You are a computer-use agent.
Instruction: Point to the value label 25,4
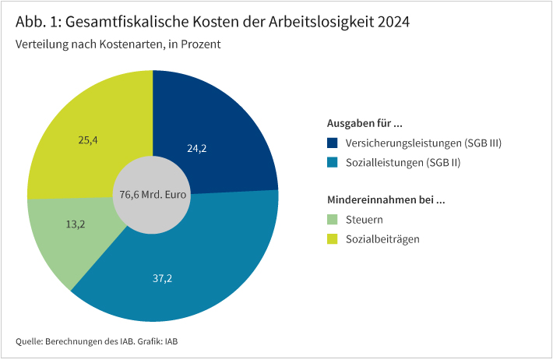(x=88, y=140)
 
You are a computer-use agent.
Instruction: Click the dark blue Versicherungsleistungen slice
(x=226, y=125)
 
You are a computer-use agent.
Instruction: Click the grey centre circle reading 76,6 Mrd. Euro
(x=153, y=195)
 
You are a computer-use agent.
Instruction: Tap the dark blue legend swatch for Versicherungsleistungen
(x=333, y=143)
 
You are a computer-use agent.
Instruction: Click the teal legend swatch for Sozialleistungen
(x=333, y=162)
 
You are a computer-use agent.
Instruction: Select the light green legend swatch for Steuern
(x=333, y=220)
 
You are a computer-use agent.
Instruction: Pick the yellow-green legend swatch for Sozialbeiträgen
(x=333, y=238)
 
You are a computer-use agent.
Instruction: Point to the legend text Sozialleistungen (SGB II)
(x=397, y=162)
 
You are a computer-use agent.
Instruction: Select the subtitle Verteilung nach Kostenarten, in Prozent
(x=118, y=44)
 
